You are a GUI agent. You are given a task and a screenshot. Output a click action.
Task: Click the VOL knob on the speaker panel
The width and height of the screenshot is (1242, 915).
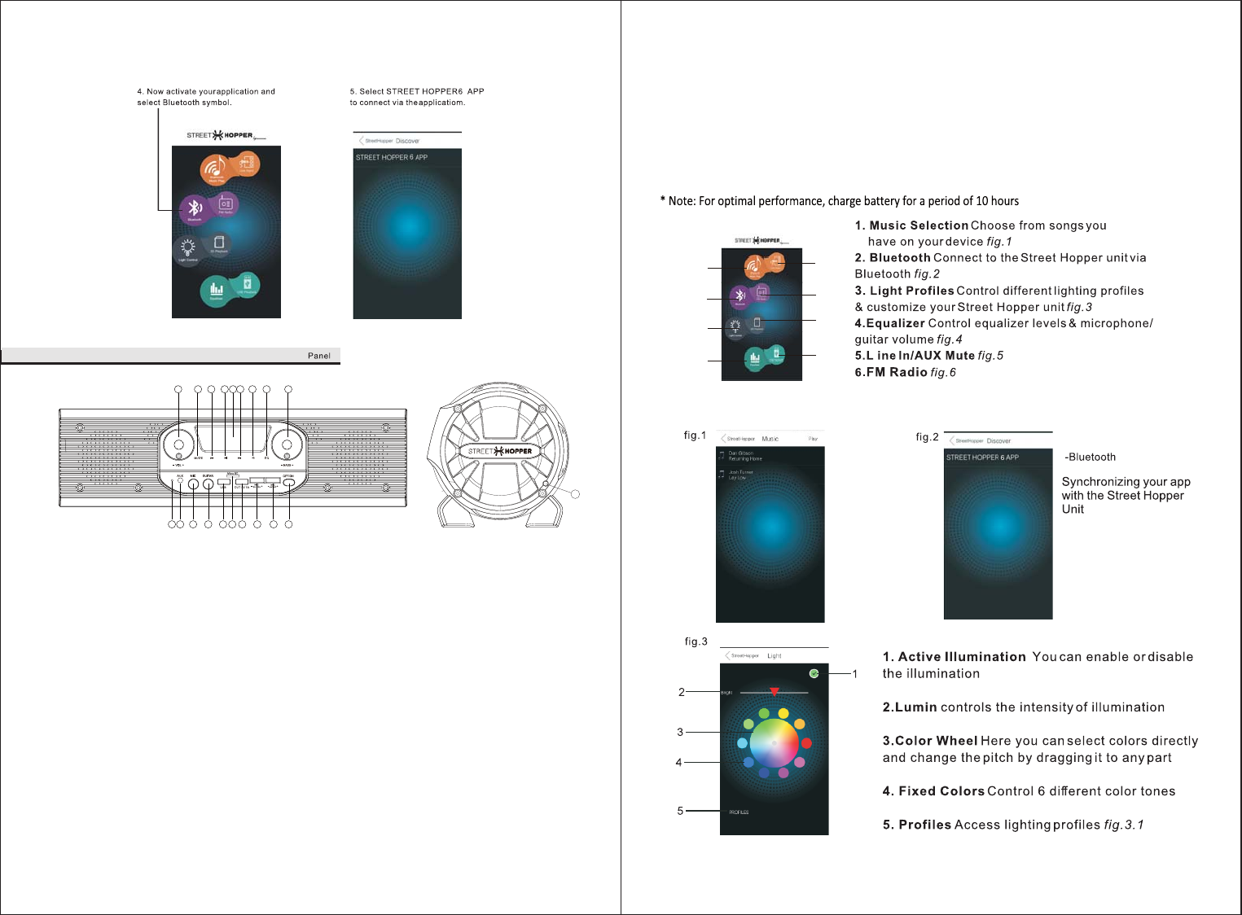coord(178,444)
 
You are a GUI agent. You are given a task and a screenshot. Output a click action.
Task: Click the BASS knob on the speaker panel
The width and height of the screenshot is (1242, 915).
coord(287,444)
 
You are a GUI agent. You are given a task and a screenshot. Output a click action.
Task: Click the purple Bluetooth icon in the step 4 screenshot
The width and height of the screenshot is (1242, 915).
coord(194,208)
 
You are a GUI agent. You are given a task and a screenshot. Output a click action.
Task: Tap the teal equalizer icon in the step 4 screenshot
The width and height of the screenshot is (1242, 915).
coord(216,289)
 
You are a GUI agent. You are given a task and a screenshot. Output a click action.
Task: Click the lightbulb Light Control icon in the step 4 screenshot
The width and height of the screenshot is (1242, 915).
coord(187,248)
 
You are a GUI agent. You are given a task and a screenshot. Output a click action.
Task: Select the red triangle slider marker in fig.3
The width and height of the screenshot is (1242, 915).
coord(775,692)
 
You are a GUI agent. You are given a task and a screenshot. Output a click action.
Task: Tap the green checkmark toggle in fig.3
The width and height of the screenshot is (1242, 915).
coord(814,673)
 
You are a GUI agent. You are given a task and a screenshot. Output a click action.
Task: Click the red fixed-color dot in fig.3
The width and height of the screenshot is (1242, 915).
coord(806,742)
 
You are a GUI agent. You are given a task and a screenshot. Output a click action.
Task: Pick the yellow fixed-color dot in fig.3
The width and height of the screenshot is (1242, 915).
coord(783,713)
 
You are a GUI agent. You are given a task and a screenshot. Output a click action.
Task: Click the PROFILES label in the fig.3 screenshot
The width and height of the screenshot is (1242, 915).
coord(739,812)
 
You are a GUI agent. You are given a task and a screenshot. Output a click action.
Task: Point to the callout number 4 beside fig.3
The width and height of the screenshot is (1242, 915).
coord(678,763)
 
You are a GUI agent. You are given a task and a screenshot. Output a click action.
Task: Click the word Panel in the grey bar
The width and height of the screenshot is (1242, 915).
coord(319,356)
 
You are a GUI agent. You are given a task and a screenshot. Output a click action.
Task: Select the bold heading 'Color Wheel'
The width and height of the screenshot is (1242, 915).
coord(936,741)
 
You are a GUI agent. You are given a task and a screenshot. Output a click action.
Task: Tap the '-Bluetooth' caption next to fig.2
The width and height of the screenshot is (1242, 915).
coord(1091,457)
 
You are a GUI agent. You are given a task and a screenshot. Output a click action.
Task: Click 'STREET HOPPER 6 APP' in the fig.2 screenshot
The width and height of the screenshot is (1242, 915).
coord(982,457)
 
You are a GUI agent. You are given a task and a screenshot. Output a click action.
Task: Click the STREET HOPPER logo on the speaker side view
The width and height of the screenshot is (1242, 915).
coord(500,451)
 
